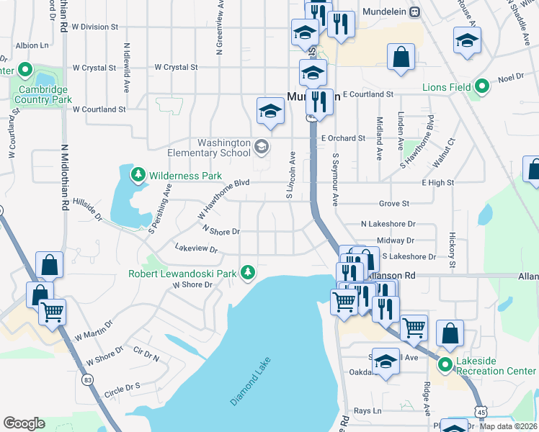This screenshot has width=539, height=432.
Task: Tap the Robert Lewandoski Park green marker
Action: pos(248,272)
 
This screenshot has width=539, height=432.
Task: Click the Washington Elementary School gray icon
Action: pos(262,148)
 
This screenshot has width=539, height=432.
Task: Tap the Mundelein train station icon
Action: pos(414,12)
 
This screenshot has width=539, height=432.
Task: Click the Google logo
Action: pos(24,423)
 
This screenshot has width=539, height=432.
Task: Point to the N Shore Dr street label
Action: pos(220,230)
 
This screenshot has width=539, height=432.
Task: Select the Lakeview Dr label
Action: pos(196,248)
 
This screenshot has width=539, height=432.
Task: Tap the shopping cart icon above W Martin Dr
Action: pos(53,312)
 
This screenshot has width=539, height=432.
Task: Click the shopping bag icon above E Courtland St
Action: pos(400,58)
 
